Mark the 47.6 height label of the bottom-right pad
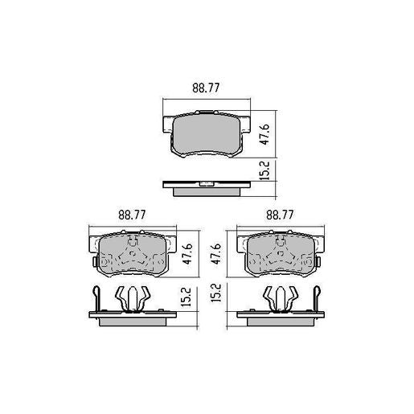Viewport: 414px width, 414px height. (x=216, y=254)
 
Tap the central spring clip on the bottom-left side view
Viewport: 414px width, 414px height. (x=132, y=298)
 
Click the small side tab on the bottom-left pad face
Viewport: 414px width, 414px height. (x=94, y=262)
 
